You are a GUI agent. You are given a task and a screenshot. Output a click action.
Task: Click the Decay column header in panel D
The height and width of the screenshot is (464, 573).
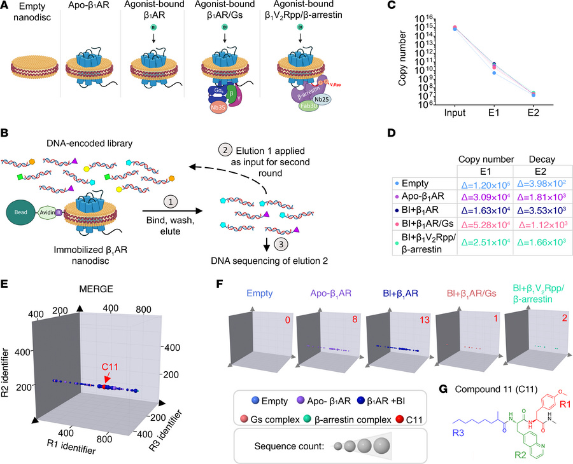[x=534, y=153]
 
